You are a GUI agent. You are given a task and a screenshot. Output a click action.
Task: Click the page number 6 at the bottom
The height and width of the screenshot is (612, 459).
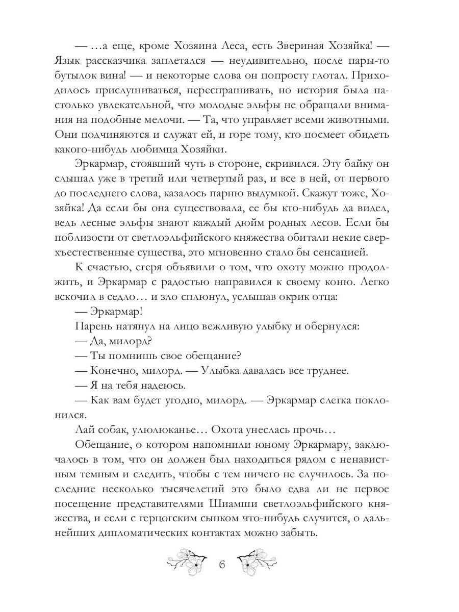pyautogui.click(x=221, y=565)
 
